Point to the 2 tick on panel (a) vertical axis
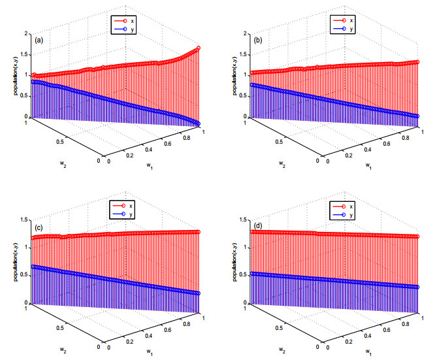pos(26,33)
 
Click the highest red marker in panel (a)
pos(198,48)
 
